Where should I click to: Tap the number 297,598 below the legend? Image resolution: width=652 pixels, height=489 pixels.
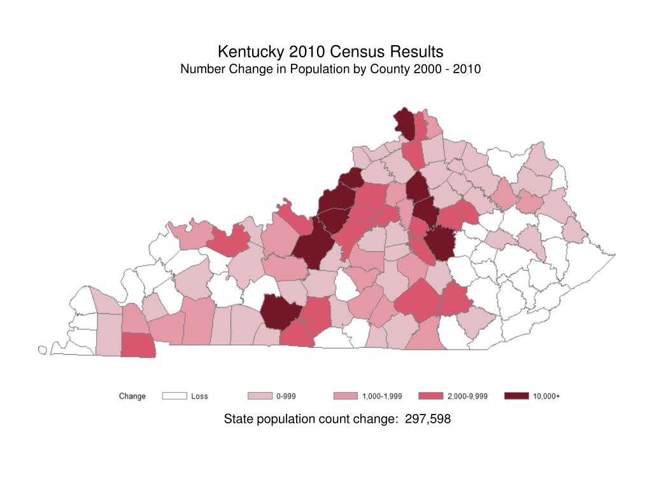tap(428, 419)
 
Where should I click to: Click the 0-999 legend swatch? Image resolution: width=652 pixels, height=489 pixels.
tap(259, 396)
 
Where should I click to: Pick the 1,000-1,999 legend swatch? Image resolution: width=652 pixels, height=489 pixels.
tap(345, 396)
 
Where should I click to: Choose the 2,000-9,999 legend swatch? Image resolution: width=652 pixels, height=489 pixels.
tap(430, 396)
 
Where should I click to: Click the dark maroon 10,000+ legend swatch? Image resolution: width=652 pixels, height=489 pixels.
tap(516, 396)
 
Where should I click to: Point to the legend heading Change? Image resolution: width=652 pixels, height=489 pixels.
tap(132, 396)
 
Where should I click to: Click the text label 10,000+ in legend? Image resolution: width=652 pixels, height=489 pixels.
tap(546, 396)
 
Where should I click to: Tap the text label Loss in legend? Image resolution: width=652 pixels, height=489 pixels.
tap(200, 396)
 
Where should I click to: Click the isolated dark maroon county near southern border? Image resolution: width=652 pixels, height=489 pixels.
tap(280, 312)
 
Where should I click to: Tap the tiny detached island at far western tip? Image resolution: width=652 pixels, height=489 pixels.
tap(43, 350)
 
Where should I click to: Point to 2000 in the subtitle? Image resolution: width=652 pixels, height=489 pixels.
tap(425, 69)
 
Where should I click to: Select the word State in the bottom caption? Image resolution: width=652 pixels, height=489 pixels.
tap(238, 419)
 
